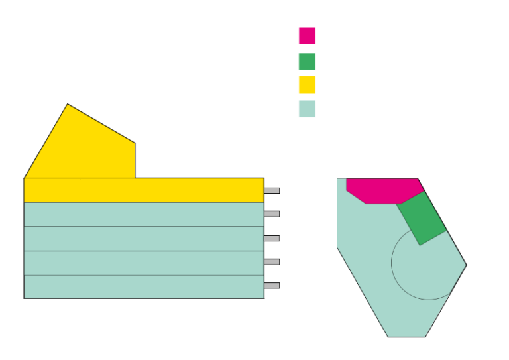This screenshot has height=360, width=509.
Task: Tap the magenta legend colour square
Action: (x=307, y=36)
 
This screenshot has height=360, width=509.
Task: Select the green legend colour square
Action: (x=307, y=62)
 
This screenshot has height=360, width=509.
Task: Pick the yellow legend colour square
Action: (x=307, y=85)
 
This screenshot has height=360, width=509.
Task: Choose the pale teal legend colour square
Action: (x=307, y=109)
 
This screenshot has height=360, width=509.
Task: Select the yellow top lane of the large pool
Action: (x=143, y=190)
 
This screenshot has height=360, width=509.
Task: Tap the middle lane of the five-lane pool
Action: (x=143, y=239)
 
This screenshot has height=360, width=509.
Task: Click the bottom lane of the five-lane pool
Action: (x=143, y=286)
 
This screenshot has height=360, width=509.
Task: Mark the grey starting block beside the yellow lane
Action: (x=272, y=190)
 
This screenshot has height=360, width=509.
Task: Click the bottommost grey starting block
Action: (x=272, y=286)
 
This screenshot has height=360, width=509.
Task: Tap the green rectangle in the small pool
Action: (x=422, y=218)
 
